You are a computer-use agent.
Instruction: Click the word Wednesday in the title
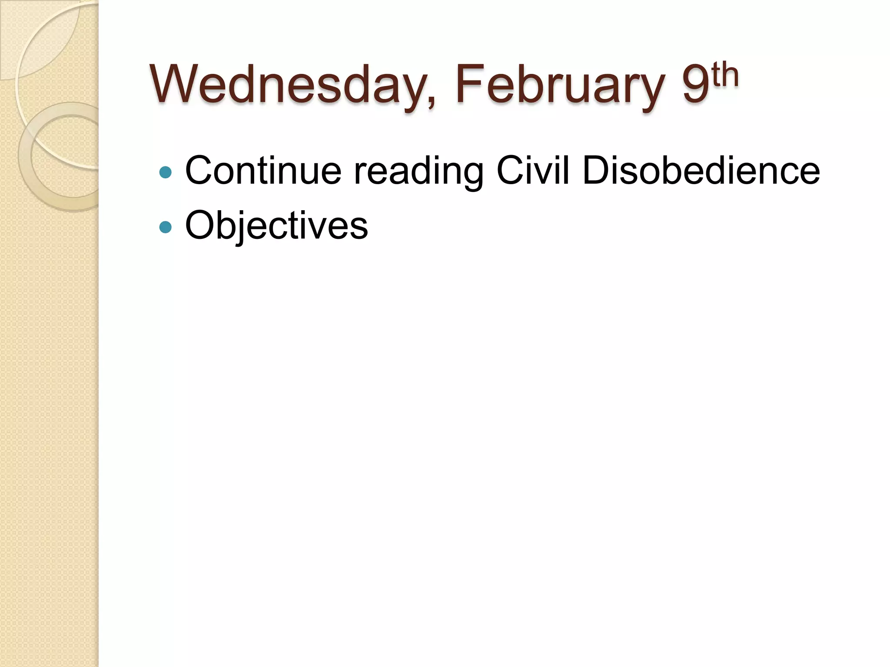pyautogui.click(x=287, y=85)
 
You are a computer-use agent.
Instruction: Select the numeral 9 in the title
pyautogui.click(x=695, y=85)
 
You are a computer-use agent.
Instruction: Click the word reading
pyautogui.click(x=418, y=171)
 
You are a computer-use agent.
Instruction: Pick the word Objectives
pyautogui.click(x=276, y=225)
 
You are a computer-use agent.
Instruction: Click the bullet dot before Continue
pyautogui.click(x=166, y=172)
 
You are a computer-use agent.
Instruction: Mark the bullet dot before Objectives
pyautogui.click(x=166, y=227)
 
